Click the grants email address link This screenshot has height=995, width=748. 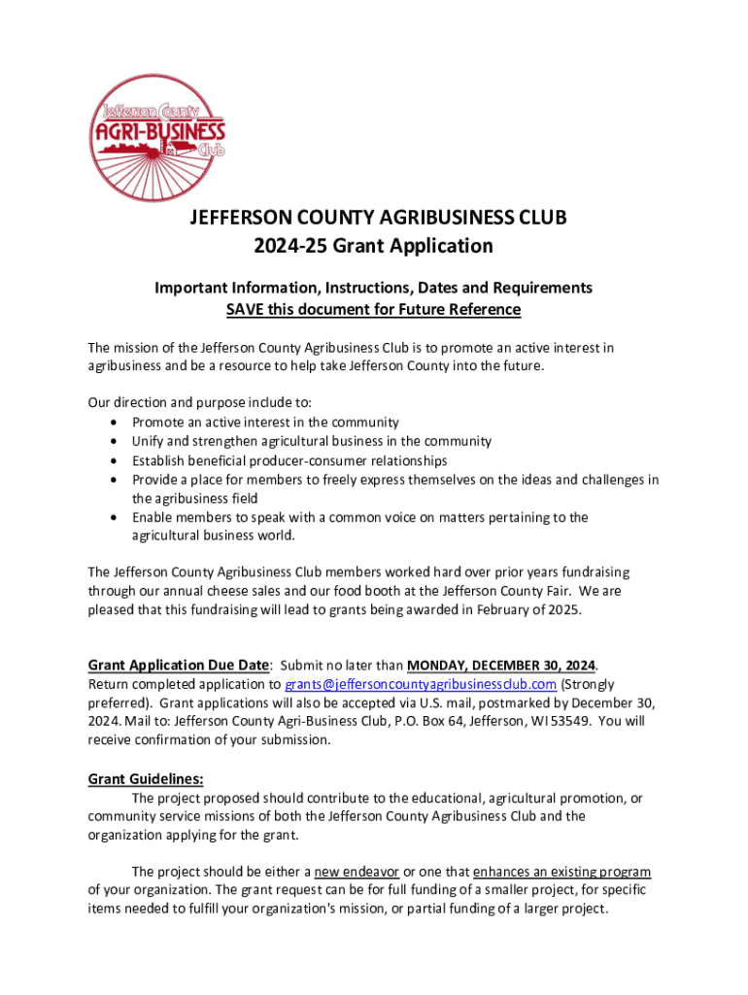coord(421,684)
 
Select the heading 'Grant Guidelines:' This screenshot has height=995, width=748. coord(146,778)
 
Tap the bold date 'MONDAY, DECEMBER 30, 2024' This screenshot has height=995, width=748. coord(500,666)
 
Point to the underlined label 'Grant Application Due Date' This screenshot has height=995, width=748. coord(178,666)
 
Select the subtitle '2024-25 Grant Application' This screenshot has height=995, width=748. coord(374,246)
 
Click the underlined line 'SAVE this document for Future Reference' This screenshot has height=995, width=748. coord(374,309)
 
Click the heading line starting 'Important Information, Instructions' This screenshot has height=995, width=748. coord(374,288)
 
